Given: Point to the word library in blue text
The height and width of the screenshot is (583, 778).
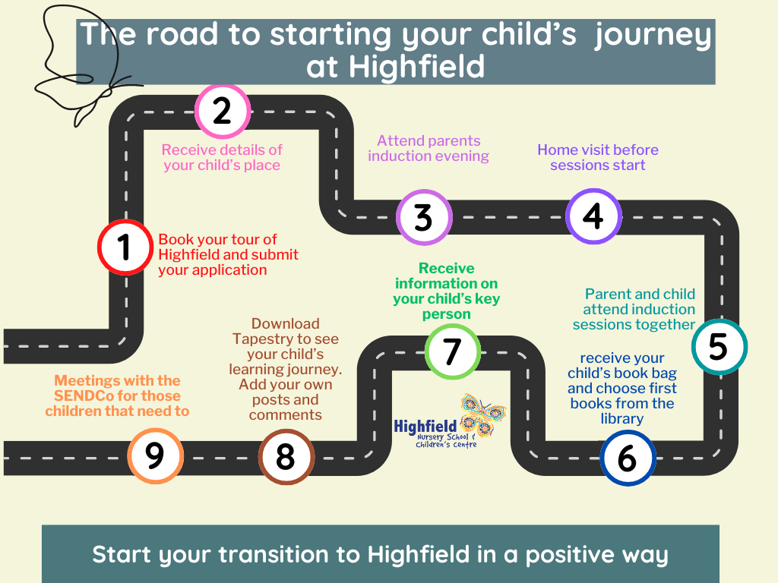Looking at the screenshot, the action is (622, 419).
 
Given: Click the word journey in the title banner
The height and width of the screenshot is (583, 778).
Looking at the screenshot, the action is (653, 35).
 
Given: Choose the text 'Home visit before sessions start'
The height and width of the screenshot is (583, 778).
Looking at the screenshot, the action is (598, 157).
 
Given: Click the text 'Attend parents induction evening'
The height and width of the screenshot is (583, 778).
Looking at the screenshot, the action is (429, 148).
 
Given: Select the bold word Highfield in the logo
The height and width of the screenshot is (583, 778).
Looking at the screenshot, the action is (425, 427).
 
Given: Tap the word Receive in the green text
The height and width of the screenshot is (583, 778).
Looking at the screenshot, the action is (447, 268).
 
